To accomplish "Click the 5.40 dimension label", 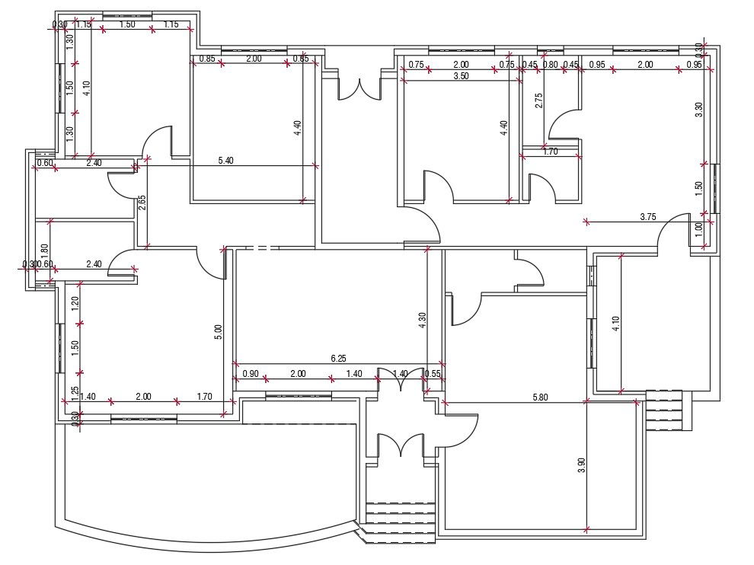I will (226, 161).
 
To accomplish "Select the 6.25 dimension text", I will (339, 358).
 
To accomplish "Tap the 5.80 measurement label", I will (539, 397).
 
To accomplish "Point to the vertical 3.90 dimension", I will (582, 465).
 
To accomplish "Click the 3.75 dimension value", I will (648, 217).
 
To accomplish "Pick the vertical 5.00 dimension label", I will (219, 332).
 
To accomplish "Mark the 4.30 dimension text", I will (423, 321).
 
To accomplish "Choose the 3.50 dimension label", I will (461, 76).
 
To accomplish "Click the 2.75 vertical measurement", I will (539, 102).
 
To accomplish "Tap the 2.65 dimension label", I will (142, 203).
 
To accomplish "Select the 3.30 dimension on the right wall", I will (698, 110).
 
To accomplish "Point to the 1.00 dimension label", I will (698, 227).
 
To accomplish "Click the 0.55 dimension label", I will (433, 374).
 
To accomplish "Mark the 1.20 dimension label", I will (75, 302).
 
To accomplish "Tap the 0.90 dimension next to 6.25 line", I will (250, 374).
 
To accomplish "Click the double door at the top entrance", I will (359, 88).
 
